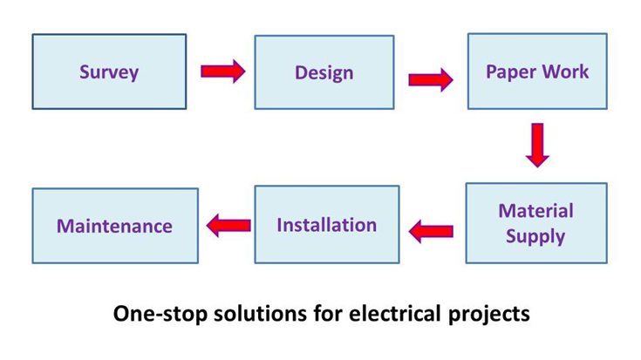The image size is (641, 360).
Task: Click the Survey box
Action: click(x=109, y=71)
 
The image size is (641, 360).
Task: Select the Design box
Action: click(x=324, y=71)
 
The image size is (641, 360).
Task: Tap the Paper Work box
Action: click(x=537, y=71)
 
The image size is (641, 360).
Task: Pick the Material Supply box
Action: click(x=535, y=223)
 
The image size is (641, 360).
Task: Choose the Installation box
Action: click(x=326, y=224)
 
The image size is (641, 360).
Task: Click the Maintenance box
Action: click(x=115, y=226)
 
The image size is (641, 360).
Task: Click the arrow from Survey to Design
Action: click(x=222, y=71)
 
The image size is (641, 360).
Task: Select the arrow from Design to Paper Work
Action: click(x=430, y=80)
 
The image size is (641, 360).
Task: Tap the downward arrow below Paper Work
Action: click(x=537, y=145)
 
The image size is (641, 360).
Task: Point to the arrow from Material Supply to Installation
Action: click(x=431, y=231)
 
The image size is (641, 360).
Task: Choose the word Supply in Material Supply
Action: click(x=535, y=236)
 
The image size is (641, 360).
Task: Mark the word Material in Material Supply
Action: click(x=535, y=211)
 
